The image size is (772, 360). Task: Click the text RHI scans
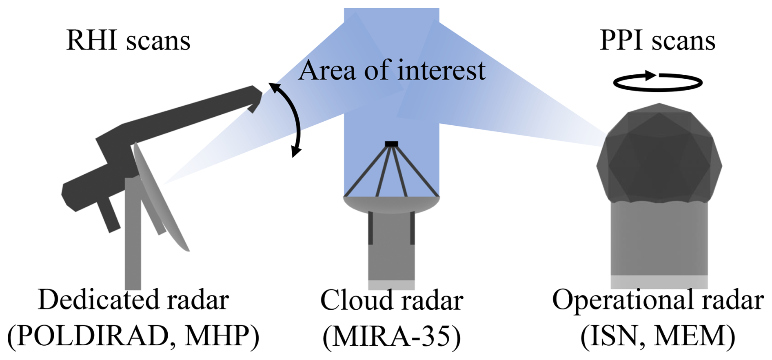coord(128,41)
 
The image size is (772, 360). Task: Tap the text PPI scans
coord(657,41)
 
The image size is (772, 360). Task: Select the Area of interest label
coord(392,70)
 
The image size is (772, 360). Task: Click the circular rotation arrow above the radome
coord(658,82)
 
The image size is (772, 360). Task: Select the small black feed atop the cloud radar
coord(391,144)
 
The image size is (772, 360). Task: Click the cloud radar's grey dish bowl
coord(391,204)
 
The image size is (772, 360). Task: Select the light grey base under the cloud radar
coord(391,285)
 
